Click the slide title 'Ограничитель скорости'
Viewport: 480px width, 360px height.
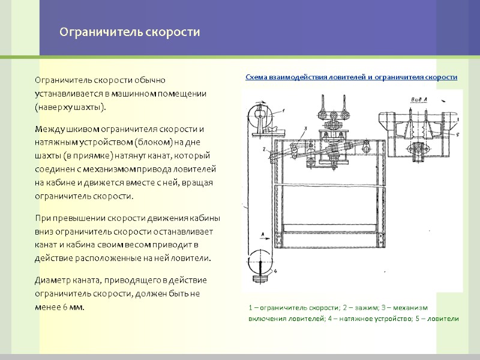[x=130, y=32]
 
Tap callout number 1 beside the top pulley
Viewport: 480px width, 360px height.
[x=284, y=110]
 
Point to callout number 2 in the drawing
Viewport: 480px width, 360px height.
[x=264, y=149]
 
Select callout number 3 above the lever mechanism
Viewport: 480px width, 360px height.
[x=305, y=129]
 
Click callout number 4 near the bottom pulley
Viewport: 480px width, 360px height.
[x=275, y=271]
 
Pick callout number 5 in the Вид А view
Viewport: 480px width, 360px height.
[x=457, y=134]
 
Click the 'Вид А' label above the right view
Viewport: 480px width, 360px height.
[x=419, y=99]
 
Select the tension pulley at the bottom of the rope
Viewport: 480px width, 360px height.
[x=260, y=262]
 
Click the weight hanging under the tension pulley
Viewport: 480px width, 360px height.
[x=260, y=278]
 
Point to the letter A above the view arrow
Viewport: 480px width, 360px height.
[x=262, y=233]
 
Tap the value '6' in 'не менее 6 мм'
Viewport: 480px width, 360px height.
[x=65, y=307]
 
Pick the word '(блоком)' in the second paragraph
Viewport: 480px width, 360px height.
[x=154, y=142]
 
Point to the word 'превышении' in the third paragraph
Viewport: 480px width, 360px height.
[x=82, y=218]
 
